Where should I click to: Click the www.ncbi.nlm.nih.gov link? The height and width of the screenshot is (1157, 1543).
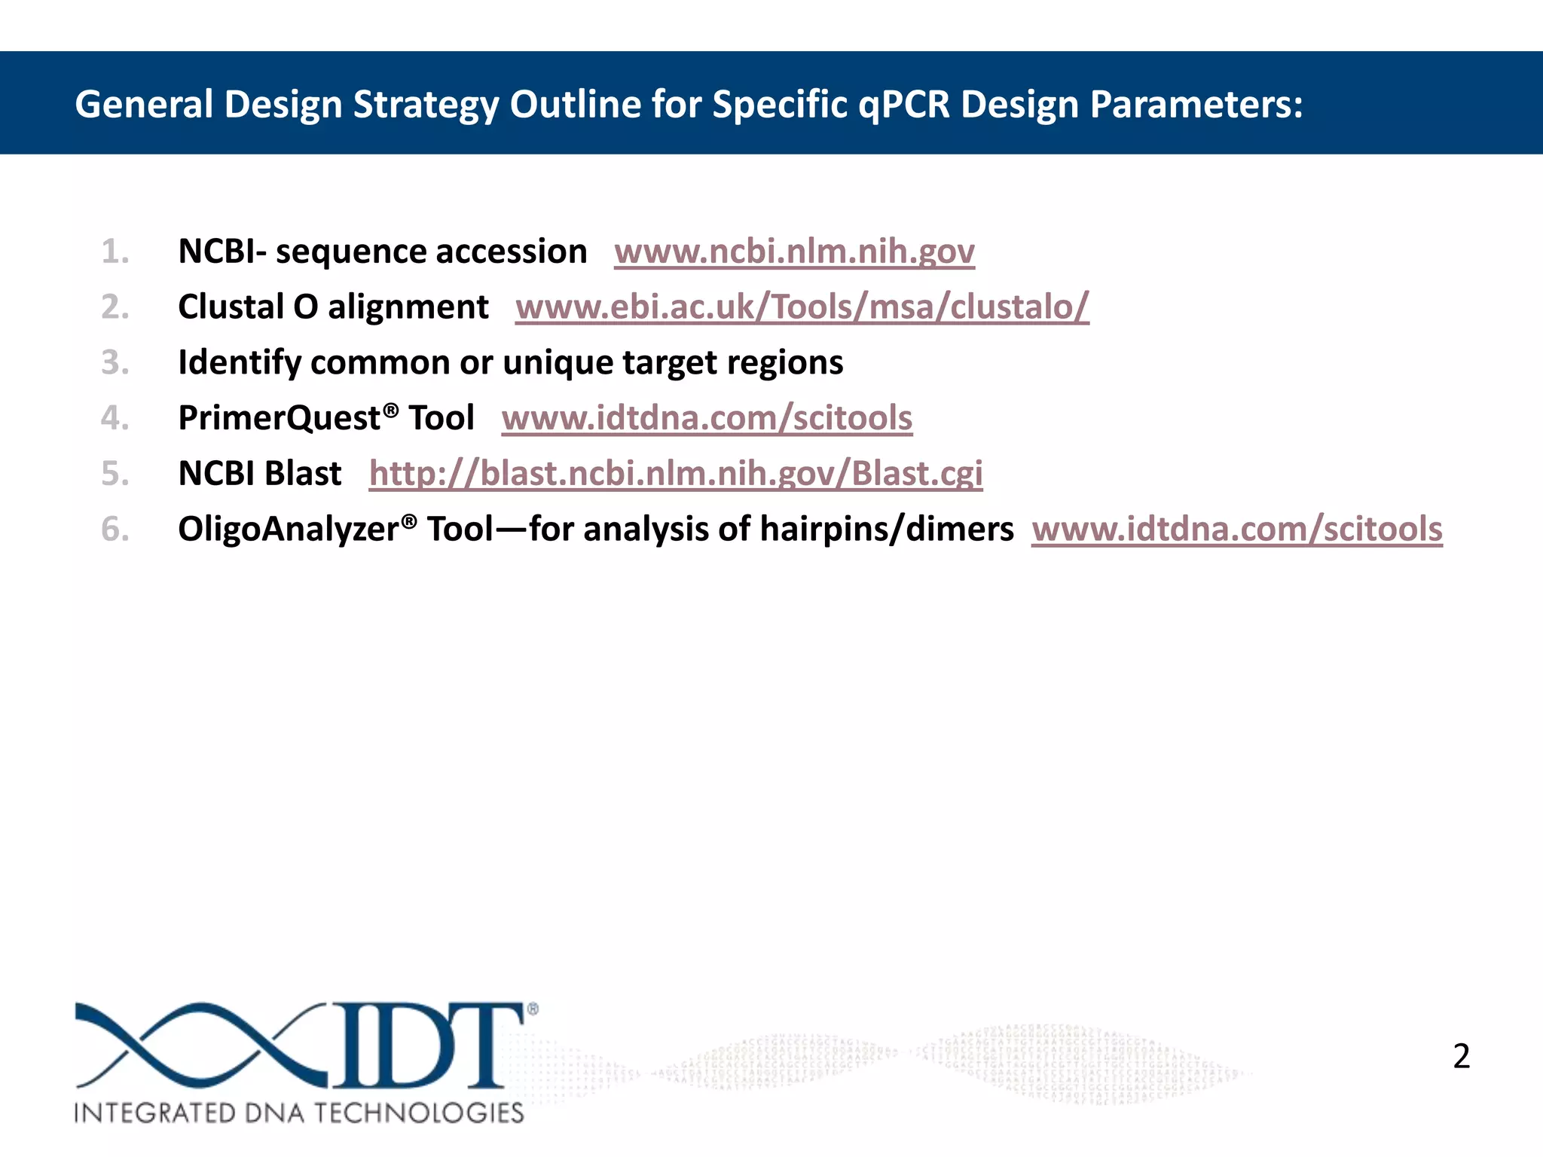pyautogui.click(x=794, y=252)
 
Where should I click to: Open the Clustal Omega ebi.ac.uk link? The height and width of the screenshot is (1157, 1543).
pyautogui.click(x=802, y=307)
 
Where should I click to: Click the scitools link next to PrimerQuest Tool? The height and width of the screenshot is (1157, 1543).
pyautogui.click(x=707, y=418)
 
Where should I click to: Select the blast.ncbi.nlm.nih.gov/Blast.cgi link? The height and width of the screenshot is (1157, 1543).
pyautogui.click(x=676, y=474)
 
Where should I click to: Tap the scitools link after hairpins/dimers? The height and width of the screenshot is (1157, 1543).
pyautogui.click(x=1236, y=529)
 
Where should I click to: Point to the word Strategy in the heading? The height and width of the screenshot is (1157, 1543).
pyautogui.click(x=426, y=104)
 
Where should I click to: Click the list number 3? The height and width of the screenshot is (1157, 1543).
pyautogui.click(x=115, y=362)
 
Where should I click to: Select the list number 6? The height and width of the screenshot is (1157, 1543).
pyautogui.click(x=115, y=529)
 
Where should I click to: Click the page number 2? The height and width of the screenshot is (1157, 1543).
pyautogui.click(x=1461, y=1056)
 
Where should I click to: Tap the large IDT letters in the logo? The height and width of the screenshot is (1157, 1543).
pyautogui.click(x=426, y=1046)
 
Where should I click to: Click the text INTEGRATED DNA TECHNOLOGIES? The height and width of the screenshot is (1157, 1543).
pyautogui.click(x=299, y=1113)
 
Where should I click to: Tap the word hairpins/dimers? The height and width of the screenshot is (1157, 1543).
pyautogui.click(x=886, y=529)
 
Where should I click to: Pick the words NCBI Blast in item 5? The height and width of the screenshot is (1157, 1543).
pyautogui.click(x=259, y=474)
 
